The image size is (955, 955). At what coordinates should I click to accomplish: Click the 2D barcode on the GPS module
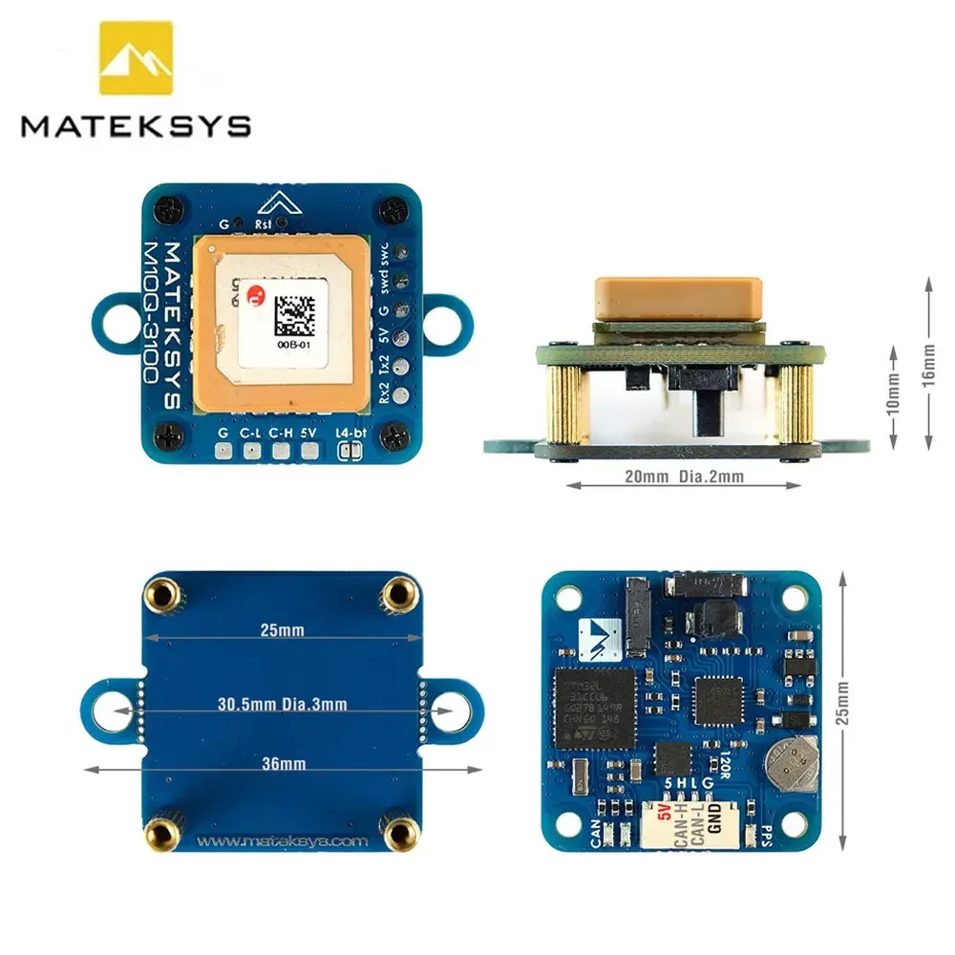click(294, 312)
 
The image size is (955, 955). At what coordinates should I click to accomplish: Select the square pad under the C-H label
click(280, 451)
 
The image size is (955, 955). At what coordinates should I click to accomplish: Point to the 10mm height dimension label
click(893, 391)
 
